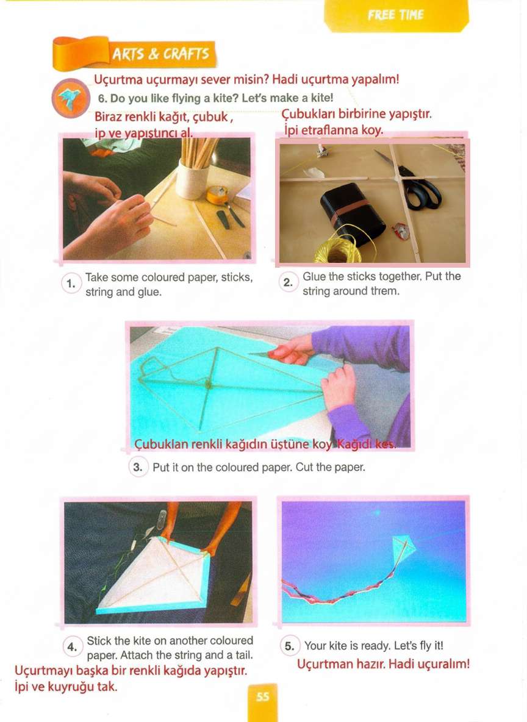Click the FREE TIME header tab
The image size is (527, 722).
[x=396, y=16]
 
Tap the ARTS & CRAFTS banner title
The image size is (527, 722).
[x=161, y=54]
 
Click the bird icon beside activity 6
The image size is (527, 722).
[x=71, y=98]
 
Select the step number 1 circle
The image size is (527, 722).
[x=71, y=284]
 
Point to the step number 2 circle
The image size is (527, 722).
[x=288, y=283]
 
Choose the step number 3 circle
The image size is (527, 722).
[x=138, y=467]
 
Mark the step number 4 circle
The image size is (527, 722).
[x=73, y=647]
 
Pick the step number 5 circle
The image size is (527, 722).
[x=289, y=646]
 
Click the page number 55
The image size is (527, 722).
[x=262, y=696]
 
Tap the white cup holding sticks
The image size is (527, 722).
[x=192, y=179]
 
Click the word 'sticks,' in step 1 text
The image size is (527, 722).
[x=237, y=277]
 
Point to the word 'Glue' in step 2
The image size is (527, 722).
[x=314, y=276]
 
